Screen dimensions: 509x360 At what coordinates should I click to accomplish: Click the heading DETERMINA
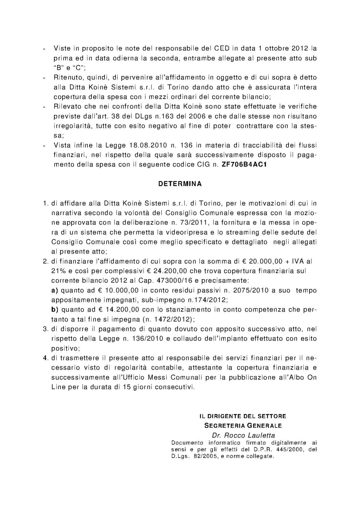click(x=180, y=184)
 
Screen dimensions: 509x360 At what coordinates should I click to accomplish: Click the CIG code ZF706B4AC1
click(x=244, y=165)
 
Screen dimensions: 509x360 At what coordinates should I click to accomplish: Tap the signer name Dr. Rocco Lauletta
click(x=243, y=435)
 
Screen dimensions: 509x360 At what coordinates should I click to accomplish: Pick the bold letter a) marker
click(x=55, y=290)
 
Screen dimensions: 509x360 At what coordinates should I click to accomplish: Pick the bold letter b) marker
click(x=55, y=310)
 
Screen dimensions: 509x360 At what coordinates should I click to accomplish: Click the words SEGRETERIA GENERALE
click(x=243, y=426)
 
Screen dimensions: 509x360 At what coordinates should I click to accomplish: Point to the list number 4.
click(x=45, y=358)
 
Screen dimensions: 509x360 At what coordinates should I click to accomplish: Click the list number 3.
click(x=45, y=329)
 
